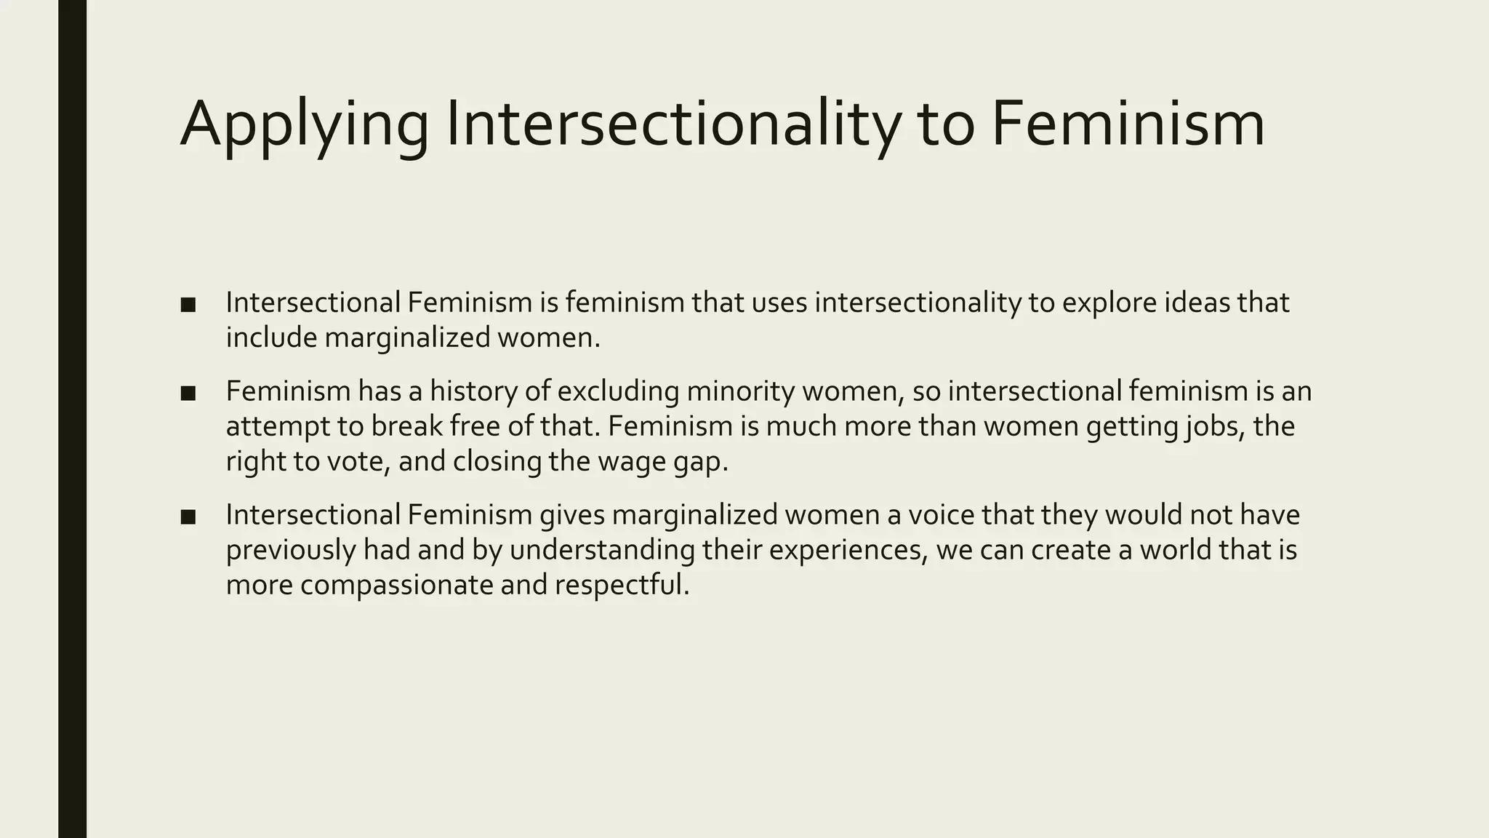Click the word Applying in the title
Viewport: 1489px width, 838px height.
point(304,125)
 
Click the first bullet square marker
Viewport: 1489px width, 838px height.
point(188,305)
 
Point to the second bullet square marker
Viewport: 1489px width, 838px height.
point(188,394)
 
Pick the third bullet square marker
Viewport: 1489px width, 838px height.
point(188,517)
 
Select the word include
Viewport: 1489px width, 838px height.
point(271,338)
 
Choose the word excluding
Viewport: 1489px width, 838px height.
point(618,391)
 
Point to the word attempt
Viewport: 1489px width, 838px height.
point(278,427)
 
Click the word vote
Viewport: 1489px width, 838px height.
point(354,462)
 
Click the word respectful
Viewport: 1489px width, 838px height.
point(622,585)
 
